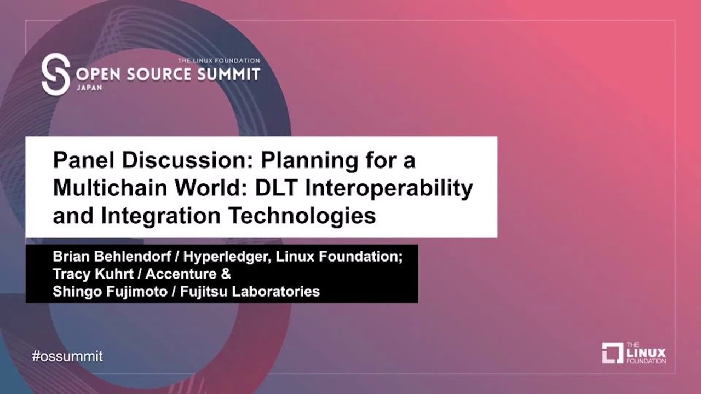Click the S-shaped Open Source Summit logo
pos(56,74)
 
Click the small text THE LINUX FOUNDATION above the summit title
pos(219,60)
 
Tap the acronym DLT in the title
pos(275,188)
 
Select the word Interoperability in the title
pos(389,188)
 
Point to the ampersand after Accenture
pos(226,274)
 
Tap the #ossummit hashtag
pos(67,356)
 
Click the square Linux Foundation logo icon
pos(612,353)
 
